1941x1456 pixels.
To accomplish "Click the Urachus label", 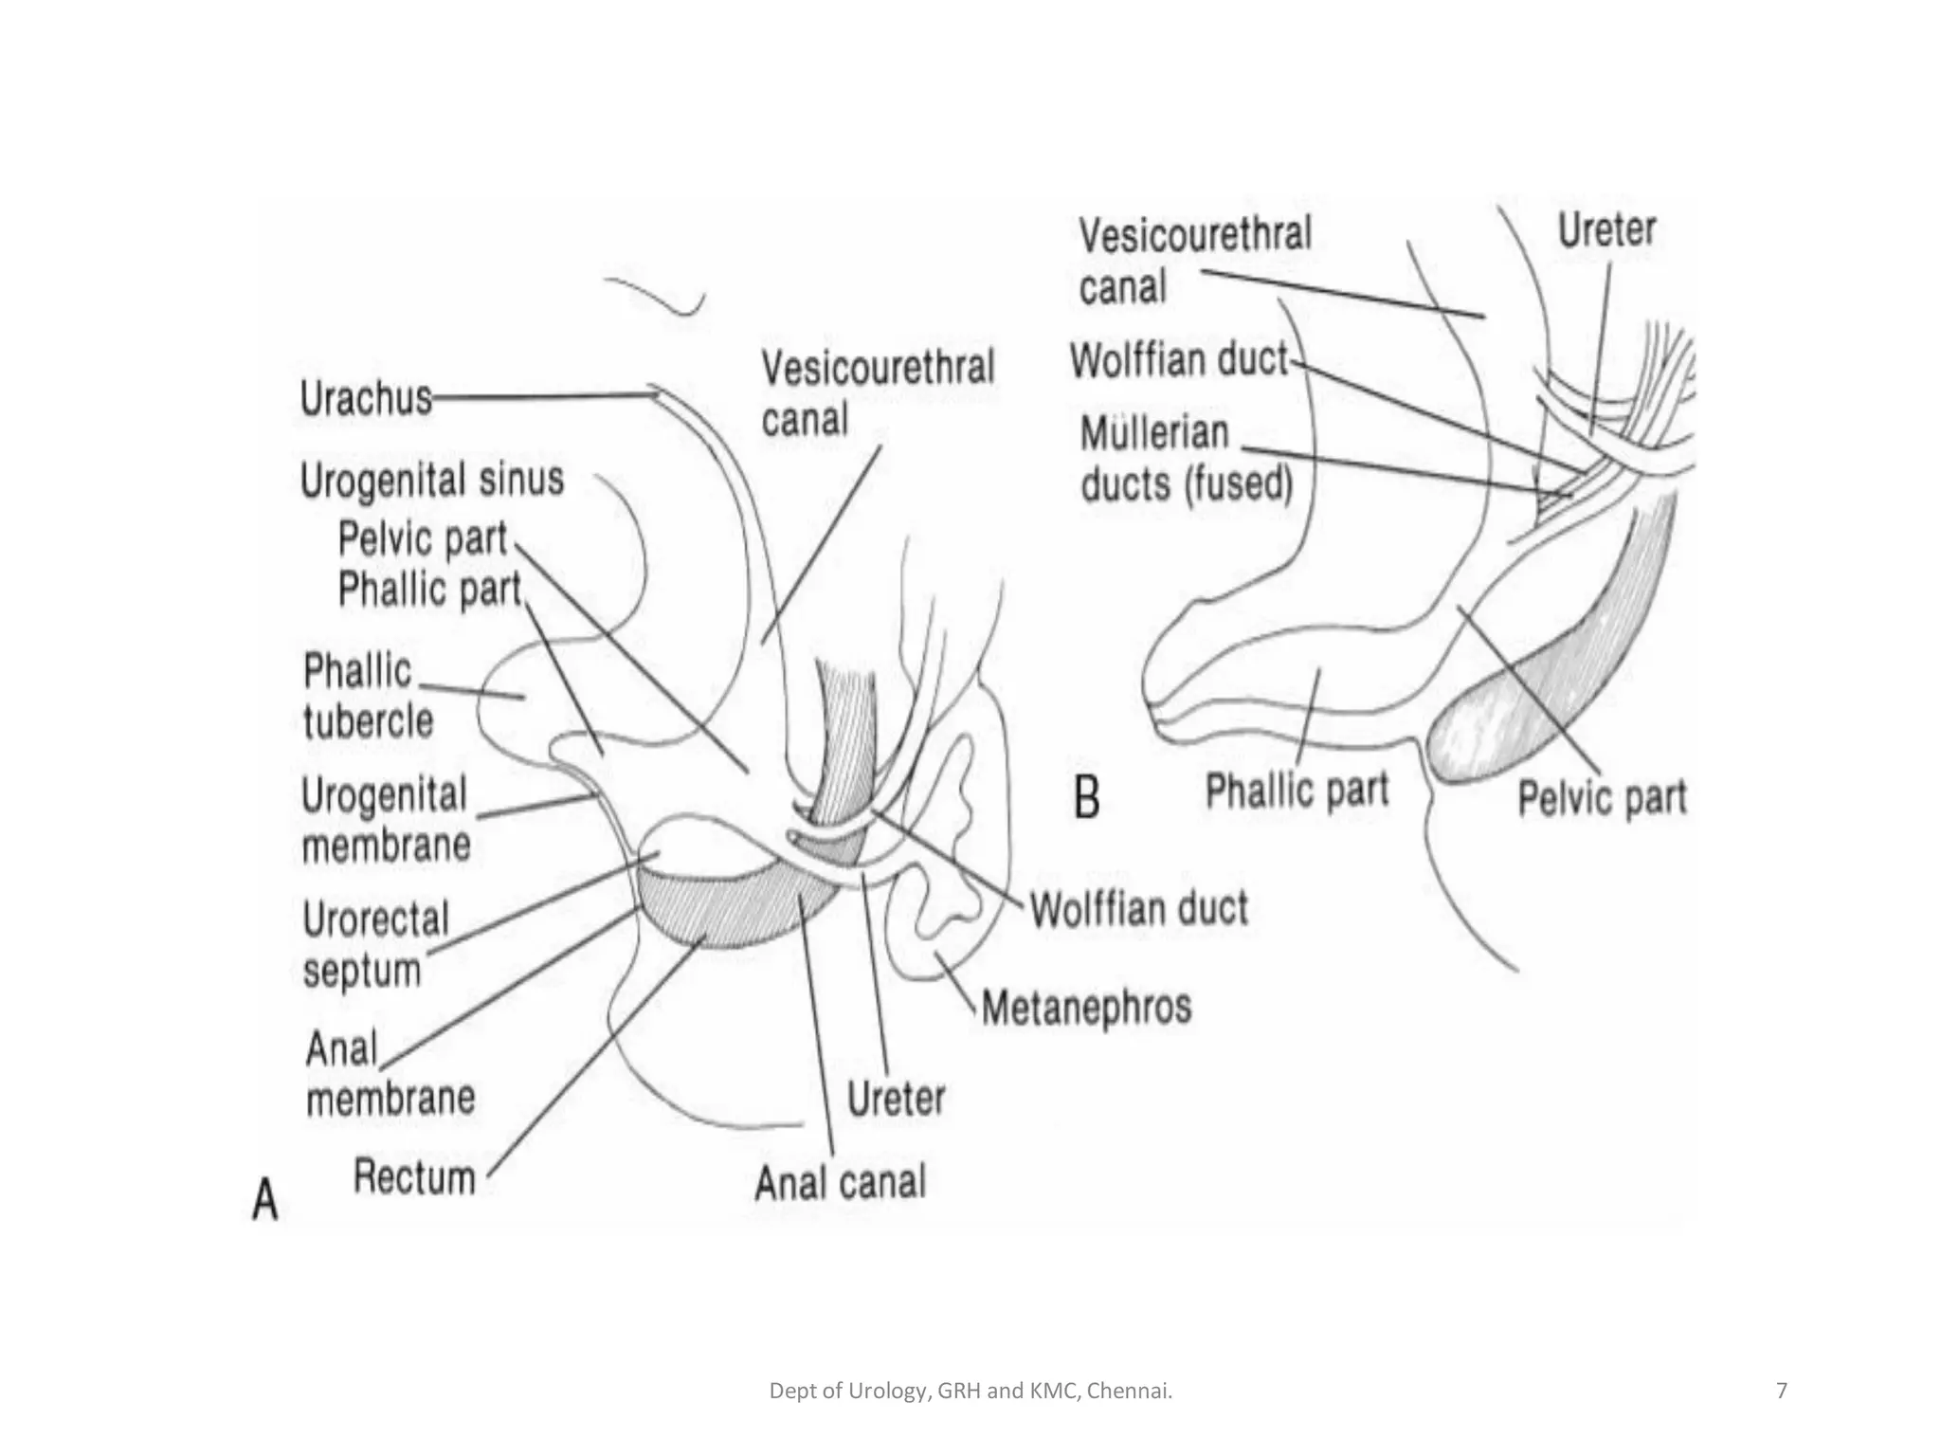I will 366,398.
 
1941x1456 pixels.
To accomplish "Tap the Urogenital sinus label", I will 432,480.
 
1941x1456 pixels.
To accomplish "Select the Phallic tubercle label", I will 367,697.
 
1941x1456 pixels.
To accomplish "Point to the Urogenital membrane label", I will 386,820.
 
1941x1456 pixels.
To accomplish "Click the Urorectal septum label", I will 375,944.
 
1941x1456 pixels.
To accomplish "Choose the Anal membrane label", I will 390,1074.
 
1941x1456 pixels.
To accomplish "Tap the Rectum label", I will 414,1178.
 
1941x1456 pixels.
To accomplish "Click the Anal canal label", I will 840,1182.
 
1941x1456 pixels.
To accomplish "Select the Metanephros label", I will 1086,1008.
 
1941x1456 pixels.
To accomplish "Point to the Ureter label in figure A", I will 896,1100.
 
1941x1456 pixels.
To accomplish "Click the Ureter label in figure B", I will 1606,230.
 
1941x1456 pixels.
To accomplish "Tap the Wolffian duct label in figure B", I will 1179,361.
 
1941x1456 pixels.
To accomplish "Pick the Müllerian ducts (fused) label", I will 1186,460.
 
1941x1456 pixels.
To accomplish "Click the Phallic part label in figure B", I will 1297,790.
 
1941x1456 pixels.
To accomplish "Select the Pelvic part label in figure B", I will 1602,797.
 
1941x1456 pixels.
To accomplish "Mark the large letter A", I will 265,1198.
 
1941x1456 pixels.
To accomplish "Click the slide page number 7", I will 1782,1391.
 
